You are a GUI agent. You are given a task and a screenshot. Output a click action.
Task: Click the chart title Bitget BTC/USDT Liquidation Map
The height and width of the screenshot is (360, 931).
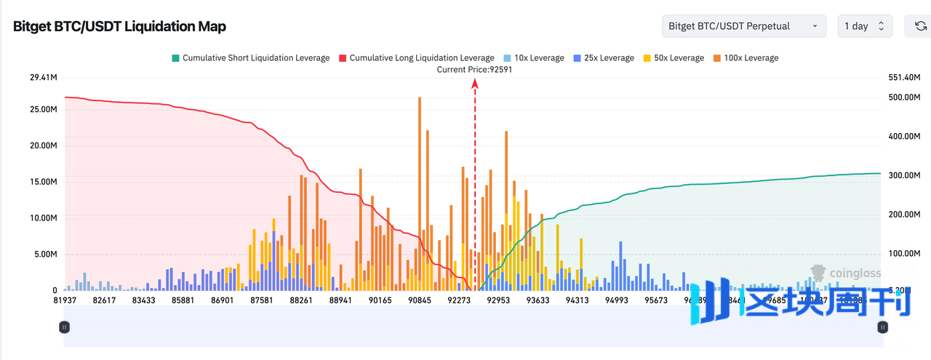[x=119, y=27]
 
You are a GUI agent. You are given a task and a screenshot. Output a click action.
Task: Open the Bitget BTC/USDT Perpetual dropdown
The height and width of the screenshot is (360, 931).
[x=743, y=26]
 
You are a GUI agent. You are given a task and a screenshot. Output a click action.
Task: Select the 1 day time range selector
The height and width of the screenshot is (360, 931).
[x=864, y=26]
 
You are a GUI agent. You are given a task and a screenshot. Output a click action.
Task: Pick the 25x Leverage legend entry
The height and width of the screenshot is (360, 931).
[x=603, y=58]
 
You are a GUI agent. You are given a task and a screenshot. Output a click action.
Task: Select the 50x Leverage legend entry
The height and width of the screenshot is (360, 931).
[x=674, y=58]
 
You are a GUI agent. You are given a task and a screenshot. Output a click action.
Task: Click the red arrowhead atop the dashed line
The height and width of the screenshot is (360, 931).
[x=475, y=84]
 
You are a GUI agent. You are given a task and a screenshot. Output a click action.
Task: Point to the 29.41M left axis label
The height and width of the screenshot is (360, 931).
[x=43, y=78]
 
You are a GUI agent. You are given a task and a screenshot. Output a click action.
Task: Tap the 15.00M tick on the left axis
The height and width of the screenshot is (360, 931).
[x=43, y=182]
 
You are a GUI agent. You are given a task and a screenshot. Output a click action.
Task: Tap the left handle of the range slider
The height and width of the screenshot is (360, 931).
[x=65, y=327]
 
